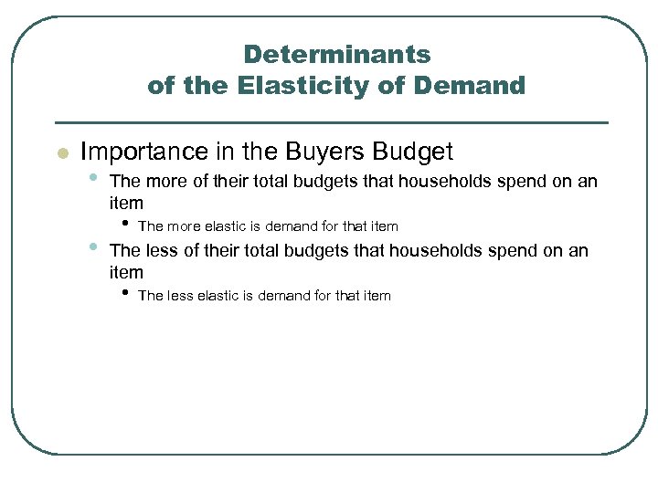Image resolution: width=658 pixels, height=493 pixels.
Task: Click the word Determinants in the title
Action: [x=336, y=55]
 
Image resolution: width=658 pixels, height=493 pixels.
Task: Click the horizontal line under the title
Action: [x=332, y=122]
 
